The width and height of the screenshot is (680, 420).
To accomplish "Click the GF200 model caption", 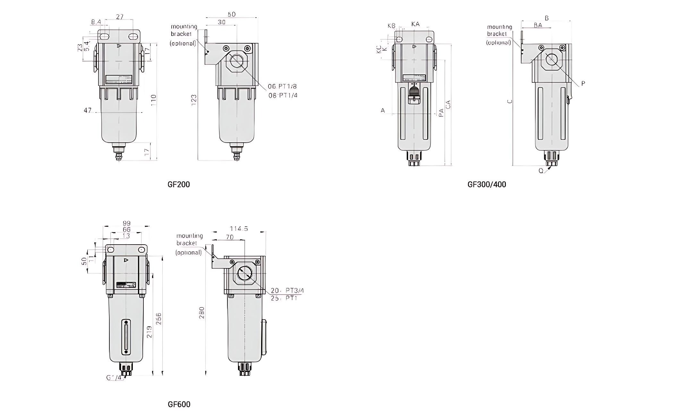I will [x=179, y=184].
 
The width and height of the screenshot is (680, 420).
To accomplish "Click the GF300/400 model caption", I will [x=487, y=184].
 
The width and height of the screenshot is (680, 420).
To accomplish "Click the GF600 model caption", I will [x=179, y=404].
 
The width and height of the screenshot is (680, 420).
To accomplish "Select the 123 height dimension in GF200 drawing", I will [x=194, y=100].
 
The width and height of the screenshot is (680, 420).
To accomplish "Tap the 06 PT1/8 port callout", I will [x=282, y=86].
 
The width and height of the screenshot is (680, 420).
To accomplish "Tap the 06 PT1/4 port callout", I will [x=283, y=95].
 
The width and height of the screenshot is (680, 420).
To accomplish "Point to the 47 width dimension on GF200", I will [x=88, y=110].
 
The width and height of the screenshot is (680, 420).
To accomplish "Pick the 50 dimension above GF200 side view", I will [x=231, y=14].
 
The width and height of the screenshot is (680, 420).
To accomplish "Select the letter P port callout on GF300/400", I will [x=583, y=83].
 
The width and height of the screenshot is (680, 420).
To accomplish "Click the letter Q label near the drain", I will [x=541, y=171].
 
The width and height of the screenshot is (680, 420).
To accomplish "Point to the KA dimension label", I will [x=415, y=24].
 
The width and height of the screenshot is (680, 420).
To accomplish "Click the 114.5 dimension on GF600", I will [x=239, y=228].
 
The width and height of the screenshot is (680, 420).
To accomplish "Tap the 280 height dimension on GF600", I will [x=201, y=313].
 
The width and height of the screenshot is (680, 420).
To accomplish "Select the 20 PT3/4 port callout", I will [x=286, y=290].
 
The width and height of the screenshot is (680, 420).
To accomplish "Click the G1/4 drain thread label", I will [x=114, y=377].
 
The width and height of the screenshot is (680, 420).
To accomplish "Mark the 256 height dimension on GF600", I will [x=158, y=318].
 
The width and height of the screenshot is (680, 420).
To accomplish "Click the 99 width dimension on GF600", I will [x=126, y=223].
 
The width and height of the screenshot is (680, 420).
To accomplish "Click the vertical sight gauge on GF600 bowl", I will [x=126, y=337].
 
